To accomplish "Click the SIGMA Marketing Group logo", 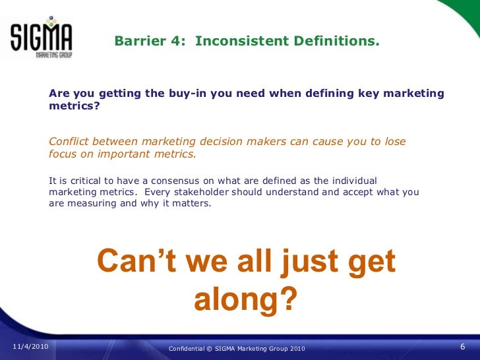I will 41,38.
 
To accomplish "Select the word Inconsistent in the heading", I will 231,41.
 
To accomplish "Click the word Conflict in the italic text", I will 69,142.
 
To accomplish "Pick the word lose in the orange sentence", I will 395,142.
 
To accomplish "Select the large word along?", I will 245,299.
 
